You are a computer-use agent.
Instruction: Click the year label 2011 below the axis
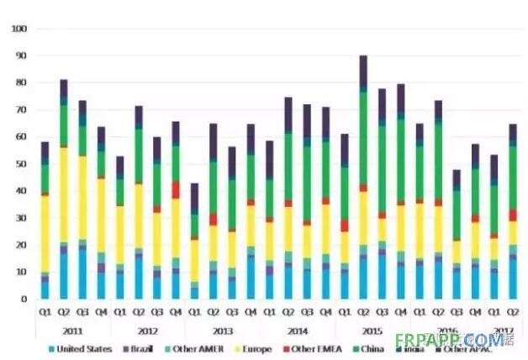(x=73, y=331)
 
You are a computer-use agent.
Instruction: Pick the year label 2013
(x=222, y=331)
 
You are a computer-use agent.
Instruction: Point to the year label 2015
(x=371, y=331)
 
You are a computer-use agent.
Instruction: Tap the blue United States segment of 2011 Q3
(x=82, y=273)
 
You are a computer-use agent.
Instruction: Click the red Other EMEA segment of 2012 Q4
(x=175, y=189)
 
